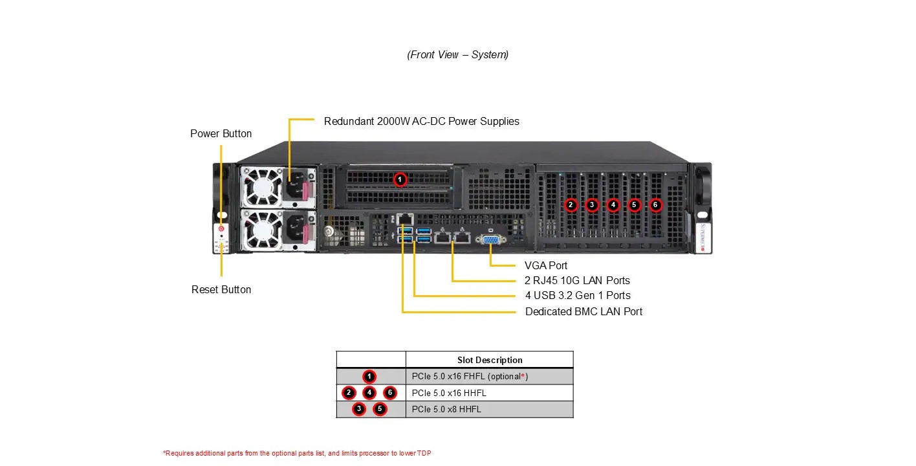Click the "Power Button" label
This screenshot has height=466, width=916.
click(x=221, y=133)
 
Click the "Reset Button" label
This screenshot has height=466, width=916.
click(x=221, y=289)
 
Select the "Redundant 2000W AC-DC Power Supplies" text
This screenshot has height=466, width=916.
click(x=421, y=121)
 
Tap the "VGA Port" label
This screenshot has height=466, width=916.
click(x=545, y=265)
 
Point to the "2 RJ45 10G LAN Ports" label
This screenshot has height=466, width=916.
click(x=577, y=280)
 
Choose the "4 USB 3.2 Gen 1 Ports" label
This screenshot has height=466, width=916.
click(x=578, y=295)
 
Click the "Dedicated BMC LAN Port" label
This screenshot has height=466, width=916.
click(x=583, y=311)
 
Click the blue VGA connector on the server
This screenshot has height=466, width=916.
click(x=490, y=239)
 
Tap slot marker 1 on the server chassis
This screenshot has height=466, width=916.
click(x=400, y=179)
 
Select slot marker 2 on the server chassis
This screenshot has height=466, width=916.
click(x=571, y=205)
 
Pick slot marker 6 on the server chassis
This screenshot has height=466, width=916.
click(x=655, y=205)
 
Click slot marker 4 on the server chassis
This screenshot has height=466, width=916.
click(x=613, y=205)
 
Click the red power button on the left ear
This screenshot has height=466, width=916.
click(x=221, y=228)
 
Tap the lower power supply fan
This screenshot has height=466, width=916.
click(x=261, y=229)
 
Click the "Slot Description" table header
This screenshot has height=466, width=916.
click(x=489, y=360)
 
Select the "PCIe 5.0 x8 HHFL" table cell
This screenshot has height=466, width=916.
click(x=446, y=409)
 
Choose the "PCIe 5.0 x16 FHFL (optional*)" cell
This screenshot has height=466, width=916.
click(x=470, y=376)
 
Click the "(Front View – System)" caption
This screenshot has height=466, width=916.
click(x=457, y=54)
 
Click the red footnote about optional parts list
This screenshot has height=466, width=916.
click(x=297, y=453)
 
